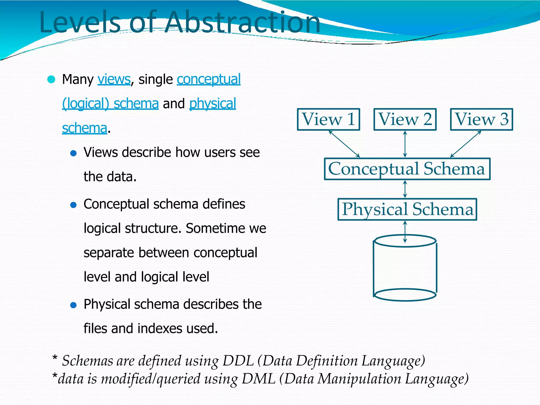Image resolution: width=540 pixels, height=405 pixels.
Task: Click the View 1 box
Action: pyautogui.click(x=328, y=119)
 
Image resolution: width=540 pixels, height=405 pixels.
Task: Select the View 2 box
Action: pyautogui.click(x=405, y=119)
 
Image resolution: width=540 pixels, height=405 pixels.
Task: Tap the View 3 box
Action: pyautogui.click(x=481, y=119)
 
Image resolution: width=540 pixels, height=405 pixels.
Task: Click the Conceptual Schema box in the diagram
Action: pyautogui.click(x=407, y=169)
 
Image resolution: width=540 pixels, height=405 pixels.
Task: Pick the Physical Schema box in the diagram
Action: pyautogui.click(x=407, y=209)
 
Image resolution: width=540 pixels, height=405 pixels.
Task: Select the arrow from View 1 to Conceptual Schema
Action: pyautogui.click(x=344, y=144)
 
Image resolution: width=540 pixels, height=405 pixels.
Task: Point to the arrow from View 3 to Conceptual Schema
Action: pyautogui.click(x=466, y=144)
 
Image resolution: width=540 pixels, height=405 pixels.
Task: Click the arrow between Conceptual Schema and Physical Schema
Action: pyautogui.click(x=405, y=189)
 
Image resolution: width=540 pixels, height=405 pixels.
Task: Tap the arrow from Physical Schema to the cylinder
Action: pyautogui.click(x=405, y=232)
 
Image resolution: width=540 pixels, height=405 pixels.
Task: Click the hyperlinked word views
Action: pyautogui.click(x=114, y=79)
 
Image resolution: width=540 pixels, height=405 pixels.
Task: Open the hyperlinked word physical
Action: pyautogui.click(x=213, y=103)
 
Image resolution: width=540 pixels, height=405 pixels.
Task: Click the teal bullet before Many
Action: pyautogui.click(x=51, y=79)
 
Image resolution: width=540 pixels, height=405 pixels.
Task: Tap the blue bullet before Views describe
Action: pyautogui.click(x=73, y=153)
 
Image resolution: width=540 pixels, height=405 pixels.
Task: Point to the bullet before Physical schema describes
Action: pyautogui.click(x=73, y=305)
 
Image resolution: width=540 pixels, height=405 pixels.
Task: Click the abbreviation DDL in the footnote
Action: pyautogui.click(x=238, y=360)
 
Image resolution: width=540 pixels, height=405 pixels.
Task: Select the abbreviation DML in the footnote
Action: pyautogui.click(x=258, y=379)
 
